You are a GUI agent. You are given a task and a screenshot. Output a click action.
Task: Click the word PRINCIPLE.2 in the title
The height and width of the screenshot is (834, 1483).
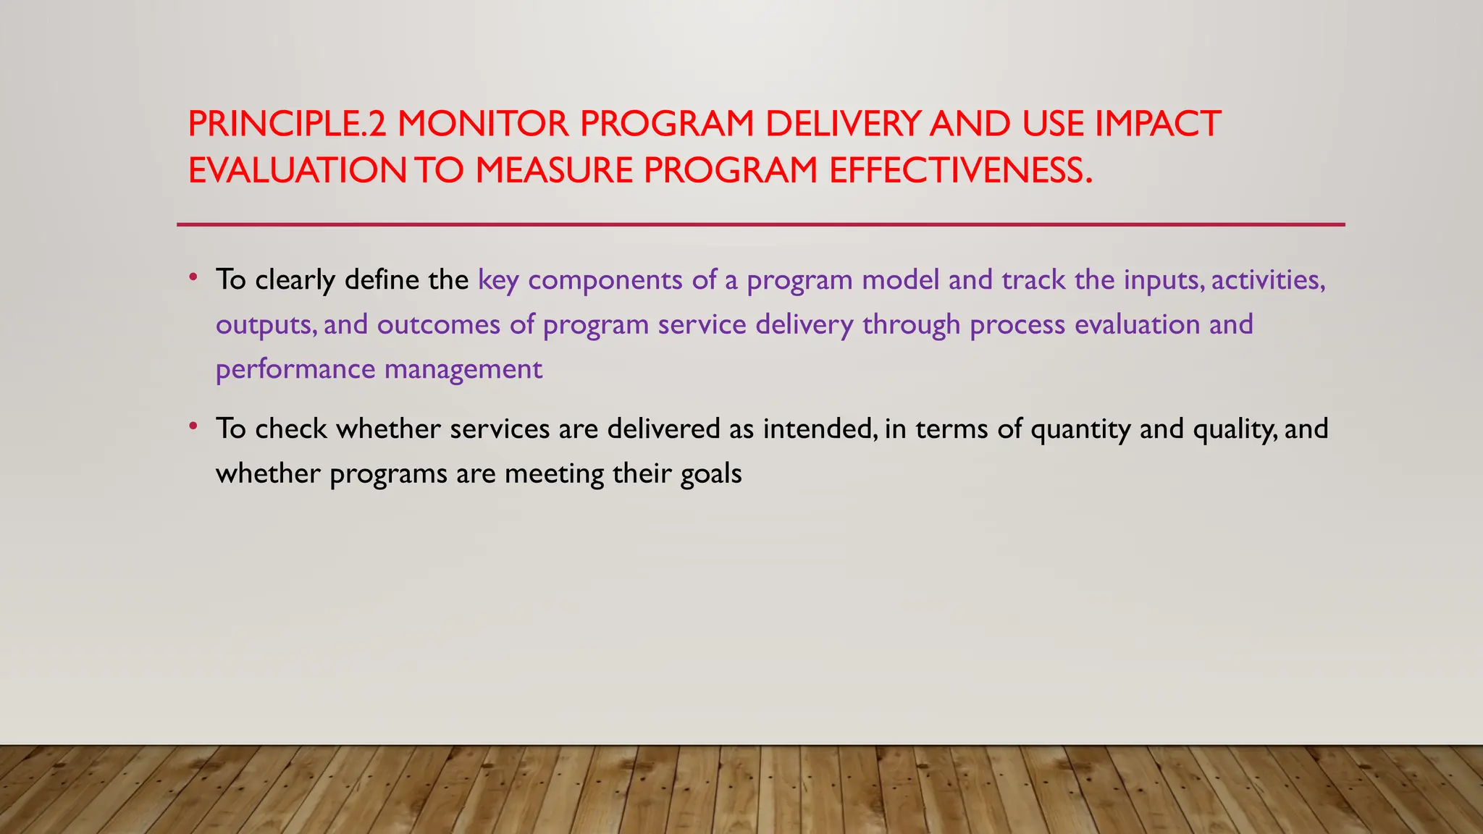click(287, 124)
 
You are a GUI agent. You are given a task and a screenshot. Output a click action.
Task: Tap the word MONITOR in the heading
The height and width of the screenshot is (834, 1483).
click(483, 124)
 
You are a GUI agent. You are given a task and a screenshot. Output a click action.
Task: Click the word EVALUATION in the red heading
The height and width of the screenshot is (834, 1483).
click(298, 171)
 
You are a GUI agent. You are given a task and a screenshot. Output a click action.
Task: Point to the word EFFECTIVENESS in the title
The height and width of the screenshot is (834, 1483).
click(960, 171)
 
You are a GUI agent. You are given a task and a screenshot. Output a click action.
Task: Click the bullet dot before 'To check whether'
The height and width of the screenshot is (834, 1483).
click(193, 426)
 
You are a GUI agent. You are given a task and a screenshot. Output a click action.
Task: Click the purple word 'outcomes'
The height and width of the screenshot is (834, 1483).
click(439, 325)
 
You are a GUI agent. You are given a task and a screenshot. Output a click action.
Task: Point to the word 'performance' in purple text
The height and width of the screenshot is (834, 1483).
click(295, 370)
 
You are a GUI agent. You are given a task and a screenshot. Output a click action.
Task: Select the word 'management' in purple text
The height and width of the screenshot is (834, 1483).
click(463, 370)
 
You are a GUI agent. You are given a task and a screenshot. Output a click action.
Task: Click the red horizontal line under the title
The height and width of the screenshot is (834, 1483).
click(760, 224)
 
